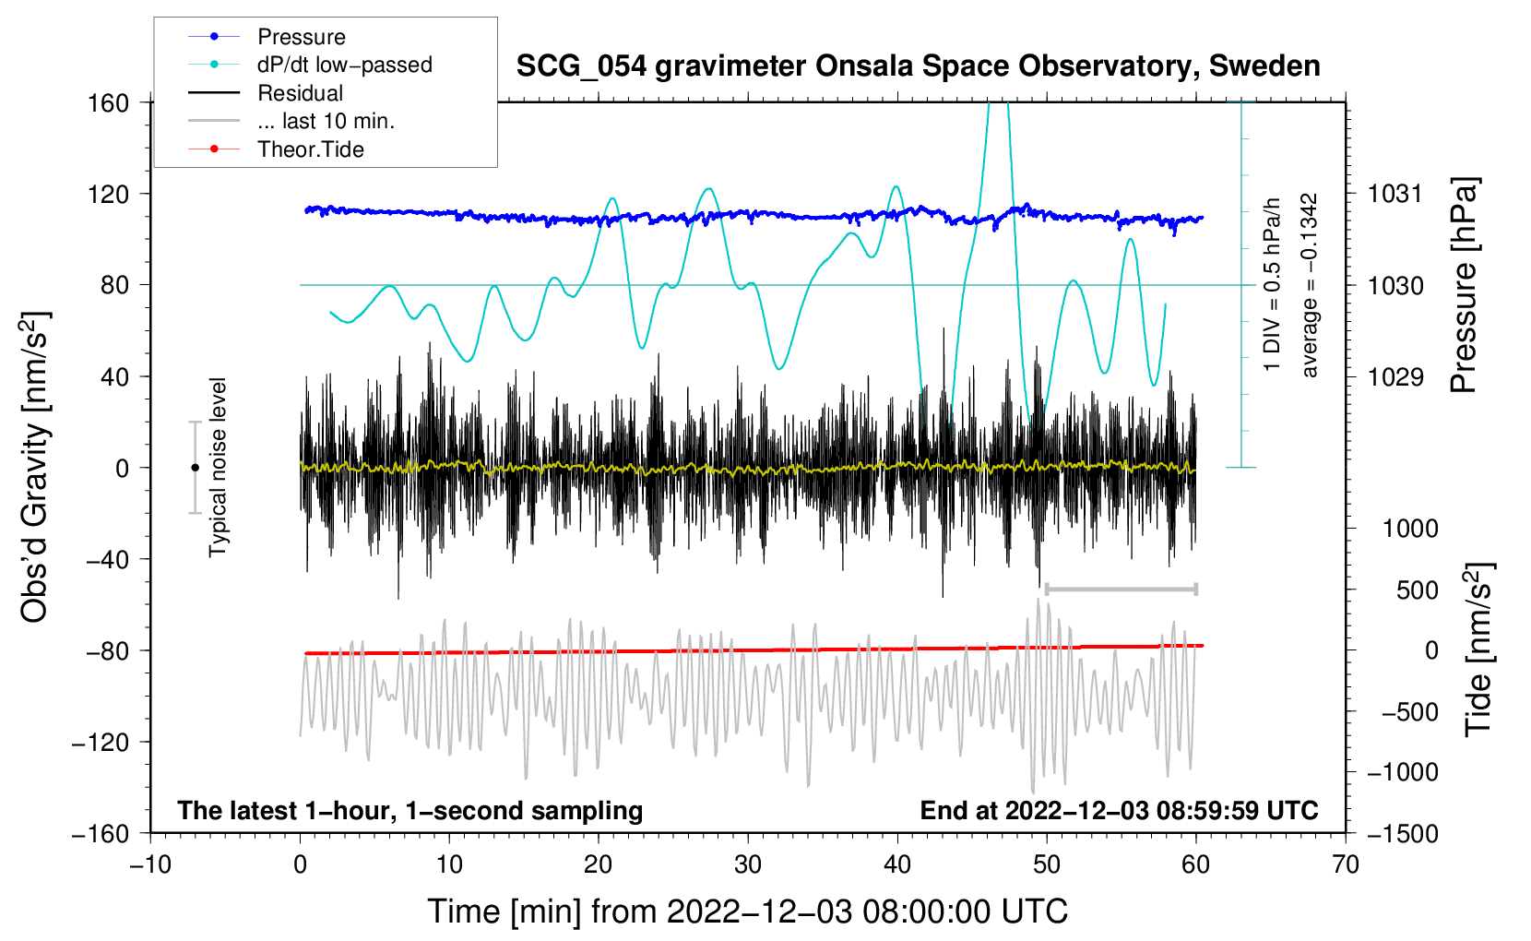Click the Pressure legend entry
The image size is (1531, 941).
(301, 37)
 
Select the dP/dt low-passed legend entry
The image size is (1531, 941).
(344, 65)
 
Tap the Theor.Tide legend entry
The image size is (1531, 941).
(310, 149)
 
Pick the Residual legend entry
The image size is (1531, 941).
(300, 93)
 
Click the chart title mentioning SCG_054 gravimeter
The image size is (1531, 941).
(918, 66)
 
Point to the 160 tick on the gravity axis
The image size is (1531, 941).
(108, 102)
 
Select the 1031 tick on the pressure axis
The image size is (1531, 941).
(1395, 194)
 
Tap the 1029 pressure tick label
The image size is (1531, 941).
(1395, 376)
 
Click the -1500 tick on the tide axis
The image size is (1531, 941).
(1402, 833)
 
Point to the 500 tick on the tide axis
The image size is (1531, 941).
(1417, 590)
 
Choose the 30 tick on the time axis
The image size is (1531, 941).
(748, 864)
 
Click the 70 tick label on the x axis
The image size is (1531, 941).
(1346, 864)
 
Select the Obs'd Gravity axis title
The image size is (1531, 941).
(35, 467)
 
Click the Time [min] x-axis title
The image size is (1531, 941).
(748, 911)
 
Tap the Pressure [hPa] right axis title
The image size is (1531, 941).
(1464, 286)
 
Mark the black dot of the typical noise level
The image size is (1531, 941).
(195, 468)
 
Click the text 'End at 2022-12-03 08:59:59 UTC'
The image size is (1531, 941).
(1119, 810)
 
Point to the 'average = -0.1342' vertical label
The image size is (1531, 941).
(1310, 286)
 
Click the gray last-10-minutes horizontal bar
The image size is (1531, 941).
(1121, 589)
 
